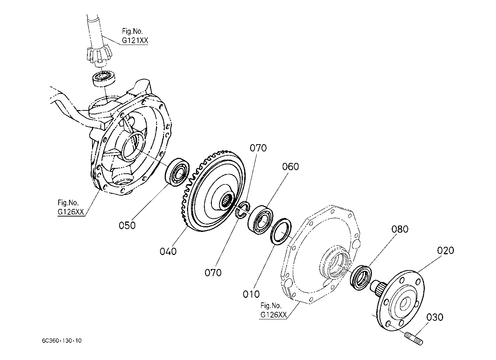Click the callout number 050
point(127,225)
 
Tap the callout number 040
point(168,251)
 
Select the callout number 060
point(290,167)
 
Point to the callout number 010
point(251,294)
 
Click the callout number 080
point(400,229)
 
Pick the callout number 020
point(445,250)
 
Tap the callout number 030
point(434,317)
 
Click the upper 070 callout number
point(258,148)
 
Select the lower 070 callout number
point(213,273)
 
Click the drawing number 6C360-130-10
point(62,341)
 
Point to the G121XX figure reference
point(135,41)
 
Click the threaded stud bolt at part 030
point(414,339)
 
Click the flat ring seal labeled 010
point(281,231)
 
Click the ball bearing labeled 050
point(177,172)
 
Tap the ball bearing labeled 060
point(260,220)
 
